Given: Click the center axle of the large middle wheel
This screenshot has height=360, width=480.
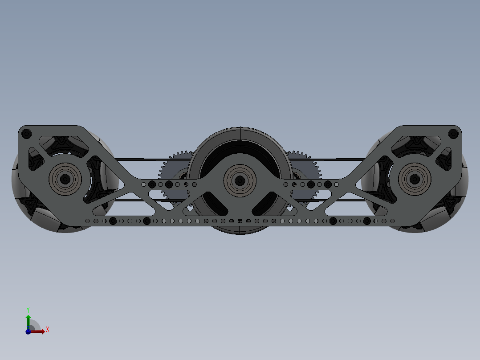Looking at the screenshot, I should [240, 180].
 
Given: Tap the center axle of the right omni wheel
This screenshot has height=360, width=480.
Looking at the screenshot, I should [415, 179].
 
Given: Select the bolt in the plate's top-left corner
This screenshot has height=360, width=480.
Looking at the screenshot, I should [26, 133].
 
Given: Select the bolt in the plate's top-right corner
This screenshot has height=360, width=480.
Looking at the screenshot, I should [453, 133].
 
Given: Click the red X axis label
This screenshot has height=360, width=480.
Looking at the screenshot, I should [47, 330].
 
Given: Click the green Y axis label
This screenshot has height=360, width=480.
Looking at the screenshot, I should [28, 309].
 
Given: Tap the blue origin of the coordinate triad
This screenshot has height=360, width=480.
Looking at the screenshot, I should [28, 331].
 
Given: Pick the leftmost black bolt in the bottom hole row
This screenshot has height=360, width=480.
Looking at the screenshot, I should [113, 221].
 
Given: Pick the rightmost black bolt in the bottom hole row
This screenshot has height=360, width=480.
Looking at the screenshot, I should [367, 221].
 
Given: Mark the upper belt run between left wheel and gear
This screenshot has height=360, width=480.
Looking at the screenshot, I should [138, 159].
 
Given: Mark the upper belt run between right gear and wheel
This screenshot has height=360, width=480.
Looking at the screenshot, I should [341, 159].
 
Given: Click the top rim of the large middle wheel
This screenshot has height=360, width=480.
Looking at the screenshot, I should [240, 128].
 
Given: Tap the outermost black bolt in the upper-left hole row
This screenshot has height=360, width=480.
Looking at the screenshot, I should [152, 184].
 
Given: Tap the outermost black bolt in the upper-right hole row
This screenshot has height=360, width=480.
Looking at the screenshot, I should [328, 184].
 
